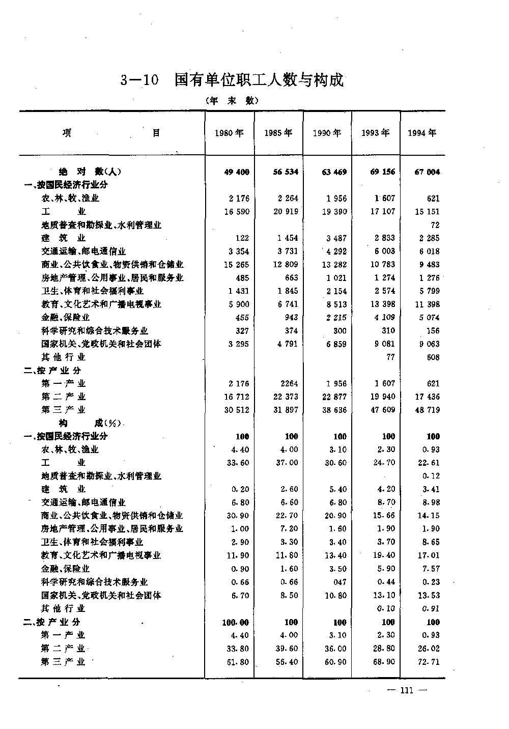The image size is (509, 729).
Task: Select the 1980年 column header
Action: coord(229,133)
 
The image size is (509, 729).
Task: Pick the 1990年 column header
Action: coord(327,133)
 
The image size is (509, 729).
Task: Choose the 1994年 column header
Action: coord(422,133)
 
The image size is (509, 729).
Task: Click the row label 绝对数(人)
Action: coord(90,172)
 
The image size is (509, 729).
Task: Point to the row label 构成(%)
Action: coord(90,423)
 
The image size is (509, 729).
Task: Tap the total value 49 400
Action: coord(237,172)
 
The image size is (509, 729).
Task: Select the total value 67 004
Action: coord(427,172)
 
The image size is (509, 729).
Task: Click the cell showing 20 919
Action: coord(286,212)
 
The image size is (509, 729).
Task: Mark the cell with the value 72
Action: coord(435,225)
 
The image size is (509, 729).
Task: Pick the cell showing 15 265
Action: coord(237,265)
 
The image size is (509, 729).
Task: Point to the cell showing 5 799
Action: coord(430,291)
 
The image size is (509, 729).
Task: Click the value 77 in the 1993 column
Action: coord(390,357)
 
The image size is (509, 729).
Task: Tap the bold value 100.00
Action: coord(236,622)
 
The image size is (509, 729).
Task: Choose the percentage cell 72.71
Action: coord(430,662)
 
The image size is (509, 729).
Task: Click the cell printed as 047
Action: coord(340,582)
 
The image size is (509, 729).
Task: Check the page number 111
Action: coord(406,691)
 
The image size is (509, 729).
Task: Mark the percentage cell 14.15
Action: coord(430,516)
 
